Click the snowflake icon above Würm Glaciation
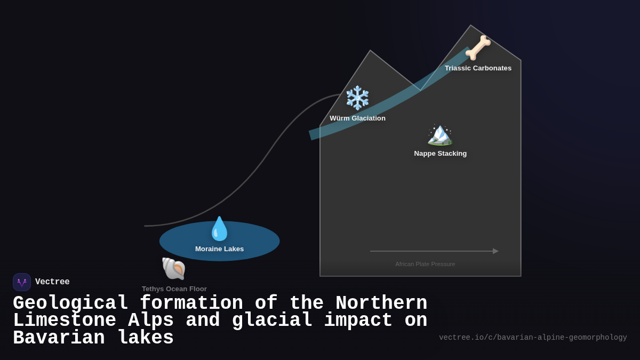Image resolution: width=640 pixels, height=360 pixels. click(x=357, y=98)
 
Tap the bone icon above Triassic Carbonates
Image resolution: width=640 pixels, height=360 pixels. click(x=478, y=47)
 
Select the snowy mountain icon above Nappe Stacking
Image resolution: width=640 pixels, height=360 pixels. click(x=440, y=134)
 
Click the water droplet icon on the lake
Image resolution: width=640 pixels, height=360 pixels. click(x=219, y=229)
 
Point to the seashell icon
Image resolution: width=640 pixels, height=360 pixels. click(x=174, y=268)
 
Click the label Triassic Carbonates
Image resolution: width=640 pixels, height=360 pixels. click(x=478, y=68)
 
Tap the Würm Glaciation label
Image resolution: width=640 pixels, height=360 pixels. click(x=357, y=118)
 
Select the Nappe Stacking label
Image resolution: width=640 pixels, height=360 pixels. click(x=440, y=154)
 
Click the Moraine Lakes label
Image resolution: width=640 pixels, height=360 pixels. click(x=219, y=249)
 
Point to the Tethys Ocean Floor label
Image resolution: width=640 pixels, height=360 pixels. click(x=174, y=289)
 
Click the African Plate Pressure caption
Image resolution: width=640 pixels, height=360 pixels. click(x=425, y=264)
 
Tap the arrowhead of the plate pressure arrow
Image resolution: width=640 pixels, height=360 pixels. click(x=495, y=251)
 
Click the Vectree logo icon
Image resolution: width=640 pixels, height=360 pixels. click(x=22, y=282)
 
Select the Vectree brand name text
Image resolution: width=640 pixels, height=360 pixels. click(x=52, y=282)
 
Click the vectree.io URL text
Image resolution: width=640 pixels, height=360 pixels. click(x=533, y=338)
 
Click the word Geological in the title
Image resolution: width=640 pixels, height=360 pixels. click(x=70, y=303)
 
